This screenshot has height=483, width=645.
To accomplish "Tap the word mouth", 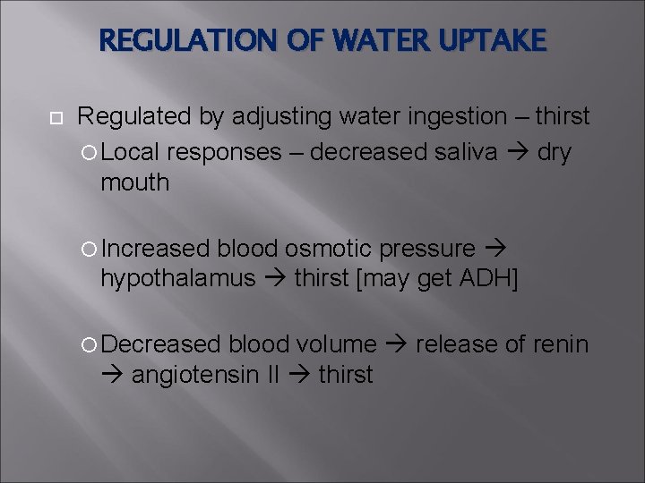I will click(x=134, y=182).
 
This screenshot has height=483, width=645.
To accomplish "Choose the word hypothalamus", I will click(x=178, y=279).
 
